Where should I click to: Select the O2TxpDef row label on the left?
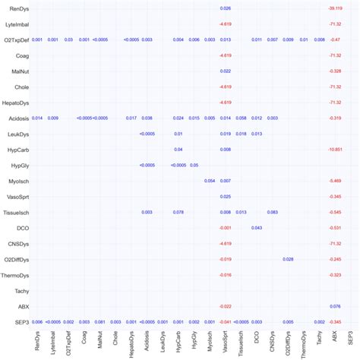coord(17,39)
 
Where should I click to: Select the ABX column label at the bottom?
coord(335,338)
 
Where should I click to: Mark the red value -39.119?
coord(335,8)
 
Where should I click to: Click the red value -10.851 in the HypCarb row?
coord(335,150)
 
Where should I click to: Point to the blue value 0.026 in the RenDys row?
coord(226,8)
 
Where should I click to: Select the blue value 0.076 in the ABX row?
coord(335,306)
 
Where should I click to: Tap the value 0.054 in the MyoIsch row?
coord(210,181)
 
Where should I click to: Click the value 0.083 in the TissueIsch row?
coord(272,212)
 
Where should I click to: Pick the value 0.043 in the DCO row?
coord(257,228)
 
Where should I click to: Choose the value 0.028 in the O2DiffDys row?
coord(288,259)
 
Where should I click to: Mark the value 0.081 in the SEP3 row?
coord(100,322)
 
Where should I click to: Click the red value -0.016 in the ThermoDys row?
coord(226,275)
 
